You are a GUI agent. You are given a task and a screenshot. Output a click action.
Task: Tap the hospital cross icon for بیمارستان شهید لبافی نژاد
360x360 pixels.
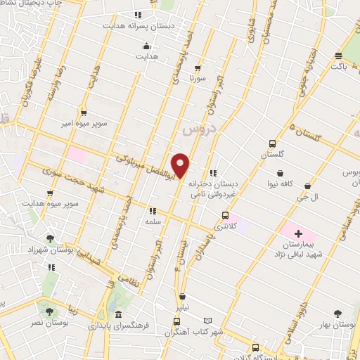297,233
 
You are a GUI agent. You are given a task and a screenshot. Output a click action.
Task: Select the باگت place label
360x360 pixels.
340,66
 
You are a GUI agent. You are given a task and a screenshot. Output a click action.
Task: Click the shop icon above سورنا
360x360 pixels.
198,68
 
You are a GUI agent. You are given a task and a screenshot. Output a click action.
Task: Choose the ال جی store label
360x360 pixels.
309,198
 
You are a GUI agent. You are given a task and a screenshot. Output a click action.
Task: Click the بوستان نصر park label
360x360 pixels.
50,322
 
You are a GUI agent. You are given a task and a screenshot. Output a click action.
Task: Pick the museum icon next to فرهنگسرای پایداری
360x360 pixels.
118,314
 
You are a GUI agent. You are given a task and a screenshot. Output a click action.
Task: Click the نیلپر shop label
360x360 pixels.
182,307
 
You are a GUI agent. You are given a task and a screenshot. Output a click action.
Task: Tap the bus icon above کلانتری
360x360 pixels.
225,215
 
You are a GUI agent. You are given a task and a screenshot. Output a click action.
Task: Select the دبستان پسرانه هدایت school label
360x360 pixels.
130,25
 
